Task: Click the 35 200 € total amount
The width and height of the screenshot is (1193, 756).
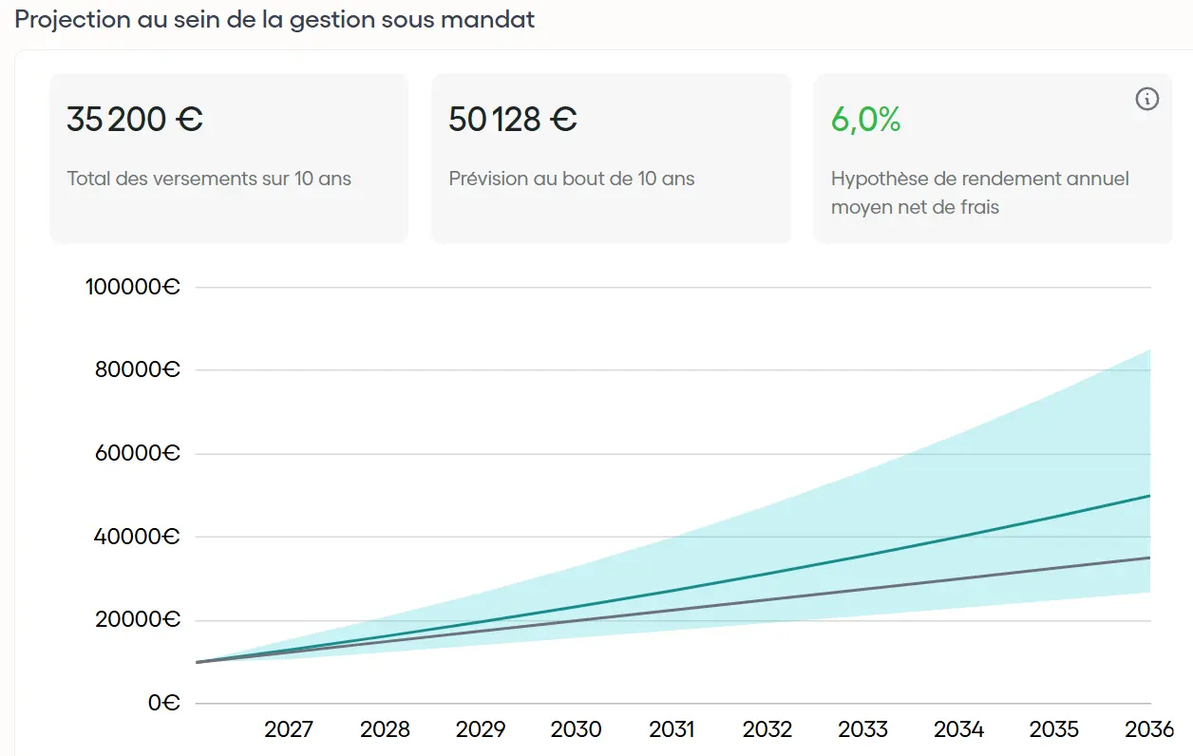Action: pyautogui.click(x=135, y=120)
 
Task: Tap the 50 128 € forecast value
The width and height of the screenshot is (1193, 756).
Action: pyautogui.click(x=513, y=120)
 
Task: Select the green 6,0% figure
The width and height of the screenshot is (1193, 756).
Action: pyautogui.click(x=865, y=120)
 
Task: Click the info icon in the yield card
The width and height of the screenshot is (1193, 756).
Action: pyautogui.click(x=1147, y=99)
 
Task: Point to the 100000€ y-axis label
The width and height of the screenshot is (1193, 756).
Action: pyautogui.click(x=133, y=287)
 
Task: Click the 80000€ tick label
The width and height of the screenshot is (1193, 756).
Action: pyautogui.click(x=138, y=370)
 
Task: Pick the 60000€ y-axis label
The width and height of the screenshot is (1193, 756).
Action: pyautogui.click(x=138, y=454)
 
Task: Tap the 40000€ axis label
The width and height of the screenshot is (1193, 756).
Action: pyautogui.click(x=138, y=537)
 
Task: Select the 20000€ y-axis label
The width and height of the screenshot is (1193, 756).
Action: pyautogui.click(x=138, y=620)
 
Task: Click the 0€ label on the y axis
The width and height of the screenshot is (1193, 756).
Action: pyautogui.click(x=163, y=704)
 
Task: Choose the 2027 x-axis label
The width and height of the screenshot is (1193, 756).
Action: pyautogui.click(x=289, y=729)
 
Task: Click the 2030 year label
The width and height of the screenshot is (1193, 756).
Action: pyautogui.click(x=577, y=729)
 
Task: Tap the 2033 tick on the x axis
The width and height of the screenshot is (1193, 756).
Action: pyautogui.click(x=862, y=729)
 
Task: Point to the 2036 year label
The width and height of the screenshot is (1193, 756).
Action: pyautogui.click(x=1149, y=729)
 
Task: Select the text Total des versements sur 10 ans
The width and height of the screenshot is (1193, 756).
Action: pyautogui.click(x=209, y=179)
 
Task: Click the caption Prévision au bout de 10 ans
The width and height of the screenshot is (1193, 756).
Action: pyautogui.click(x=572, y=179)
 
